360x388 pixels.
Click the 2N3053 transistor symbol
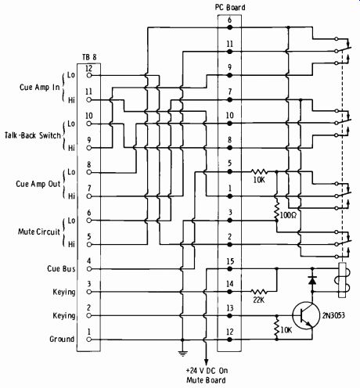pos(306,315)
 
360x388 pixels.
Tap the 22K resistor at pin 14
pos(258,291)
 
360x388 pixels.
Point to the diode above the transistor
pos(312,280)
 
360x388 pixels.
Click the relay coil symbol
pos(342,280)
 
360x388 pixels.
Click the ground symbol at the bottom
pos(182,354)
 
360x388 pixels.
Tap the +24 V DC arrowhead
pos(206,362)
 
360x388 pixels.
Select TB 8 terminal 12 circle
pos(89,75)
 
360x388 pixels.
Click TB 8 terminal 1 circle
pos(89,339)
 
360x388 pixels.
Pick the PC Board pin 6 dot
pos(229,27)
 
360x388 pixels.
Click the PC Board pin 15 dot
pos(229,268)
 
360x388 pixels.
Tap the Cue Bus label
pos(61,268)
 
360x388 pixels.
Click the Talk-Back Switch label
pos(33,135)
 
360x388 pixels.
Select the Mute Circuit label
pos(39,232)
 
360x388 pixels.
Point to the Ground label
pos(62,339)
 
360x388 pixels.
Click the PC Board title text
pos(230,7)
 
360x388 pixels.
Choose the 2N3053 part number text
pos(333,315)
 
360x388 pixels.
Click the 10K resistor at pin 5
pos(259,171)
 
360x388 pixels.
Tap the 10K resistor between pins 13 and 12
pos(276,327)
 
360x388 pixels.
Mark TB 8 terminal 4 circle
pos(89,268)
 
